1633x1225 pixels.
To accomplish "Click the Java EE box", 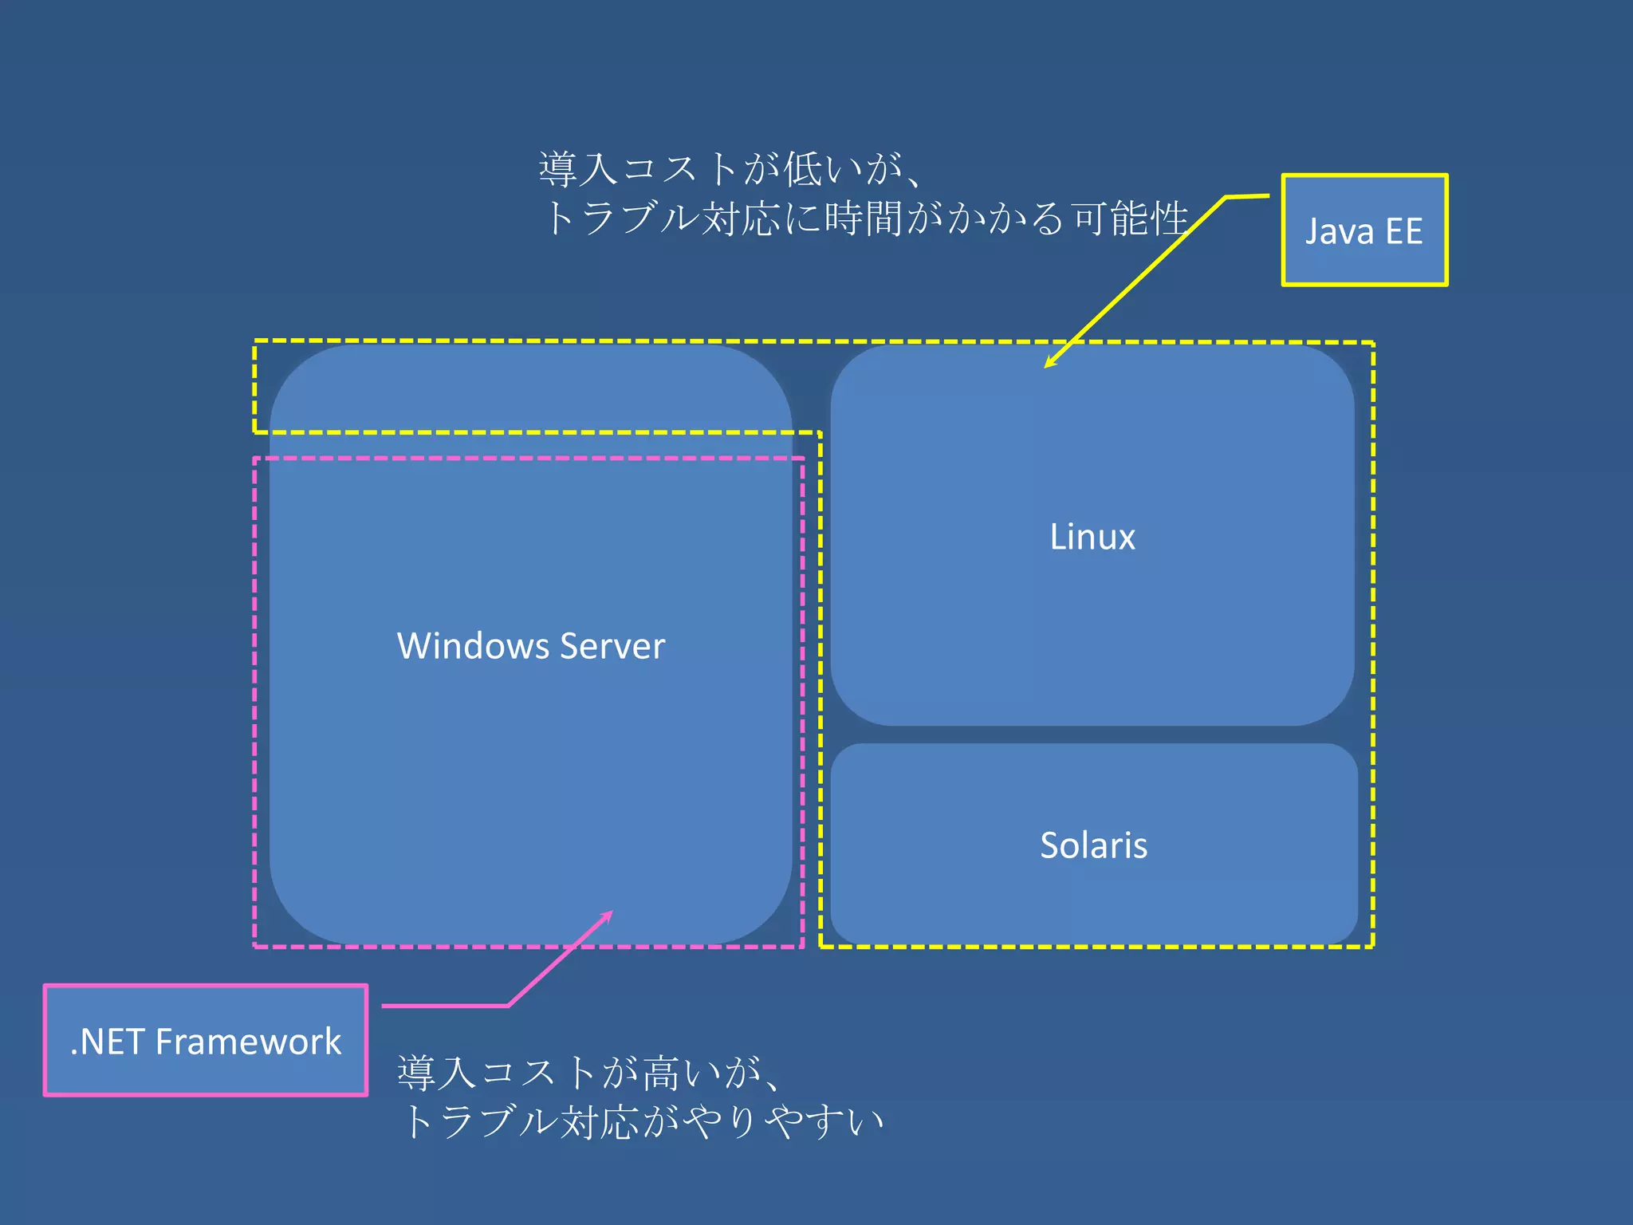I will point(1364,230).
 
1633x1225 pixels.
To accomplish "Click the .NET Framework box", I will point(206,1041).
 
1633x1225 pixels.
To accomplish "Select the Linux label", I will point(1092,537).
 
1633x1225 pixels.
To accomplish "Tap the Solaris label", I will point(1093,845).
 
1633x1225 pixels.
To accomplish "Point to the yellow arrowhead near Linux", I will point(1049,364).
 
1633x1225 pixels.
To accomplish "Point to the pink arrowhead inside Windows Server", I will point(608,916).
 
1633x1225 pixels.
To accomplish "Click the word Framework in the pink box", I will point(248,1042).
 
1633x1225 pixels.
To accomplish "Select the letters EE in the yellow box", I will point(1403,231).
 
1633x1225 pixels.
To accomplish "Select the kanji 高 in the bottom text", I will point(662,1073).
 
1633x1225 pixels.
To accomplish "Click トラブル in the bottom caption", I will point(478,1122).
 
